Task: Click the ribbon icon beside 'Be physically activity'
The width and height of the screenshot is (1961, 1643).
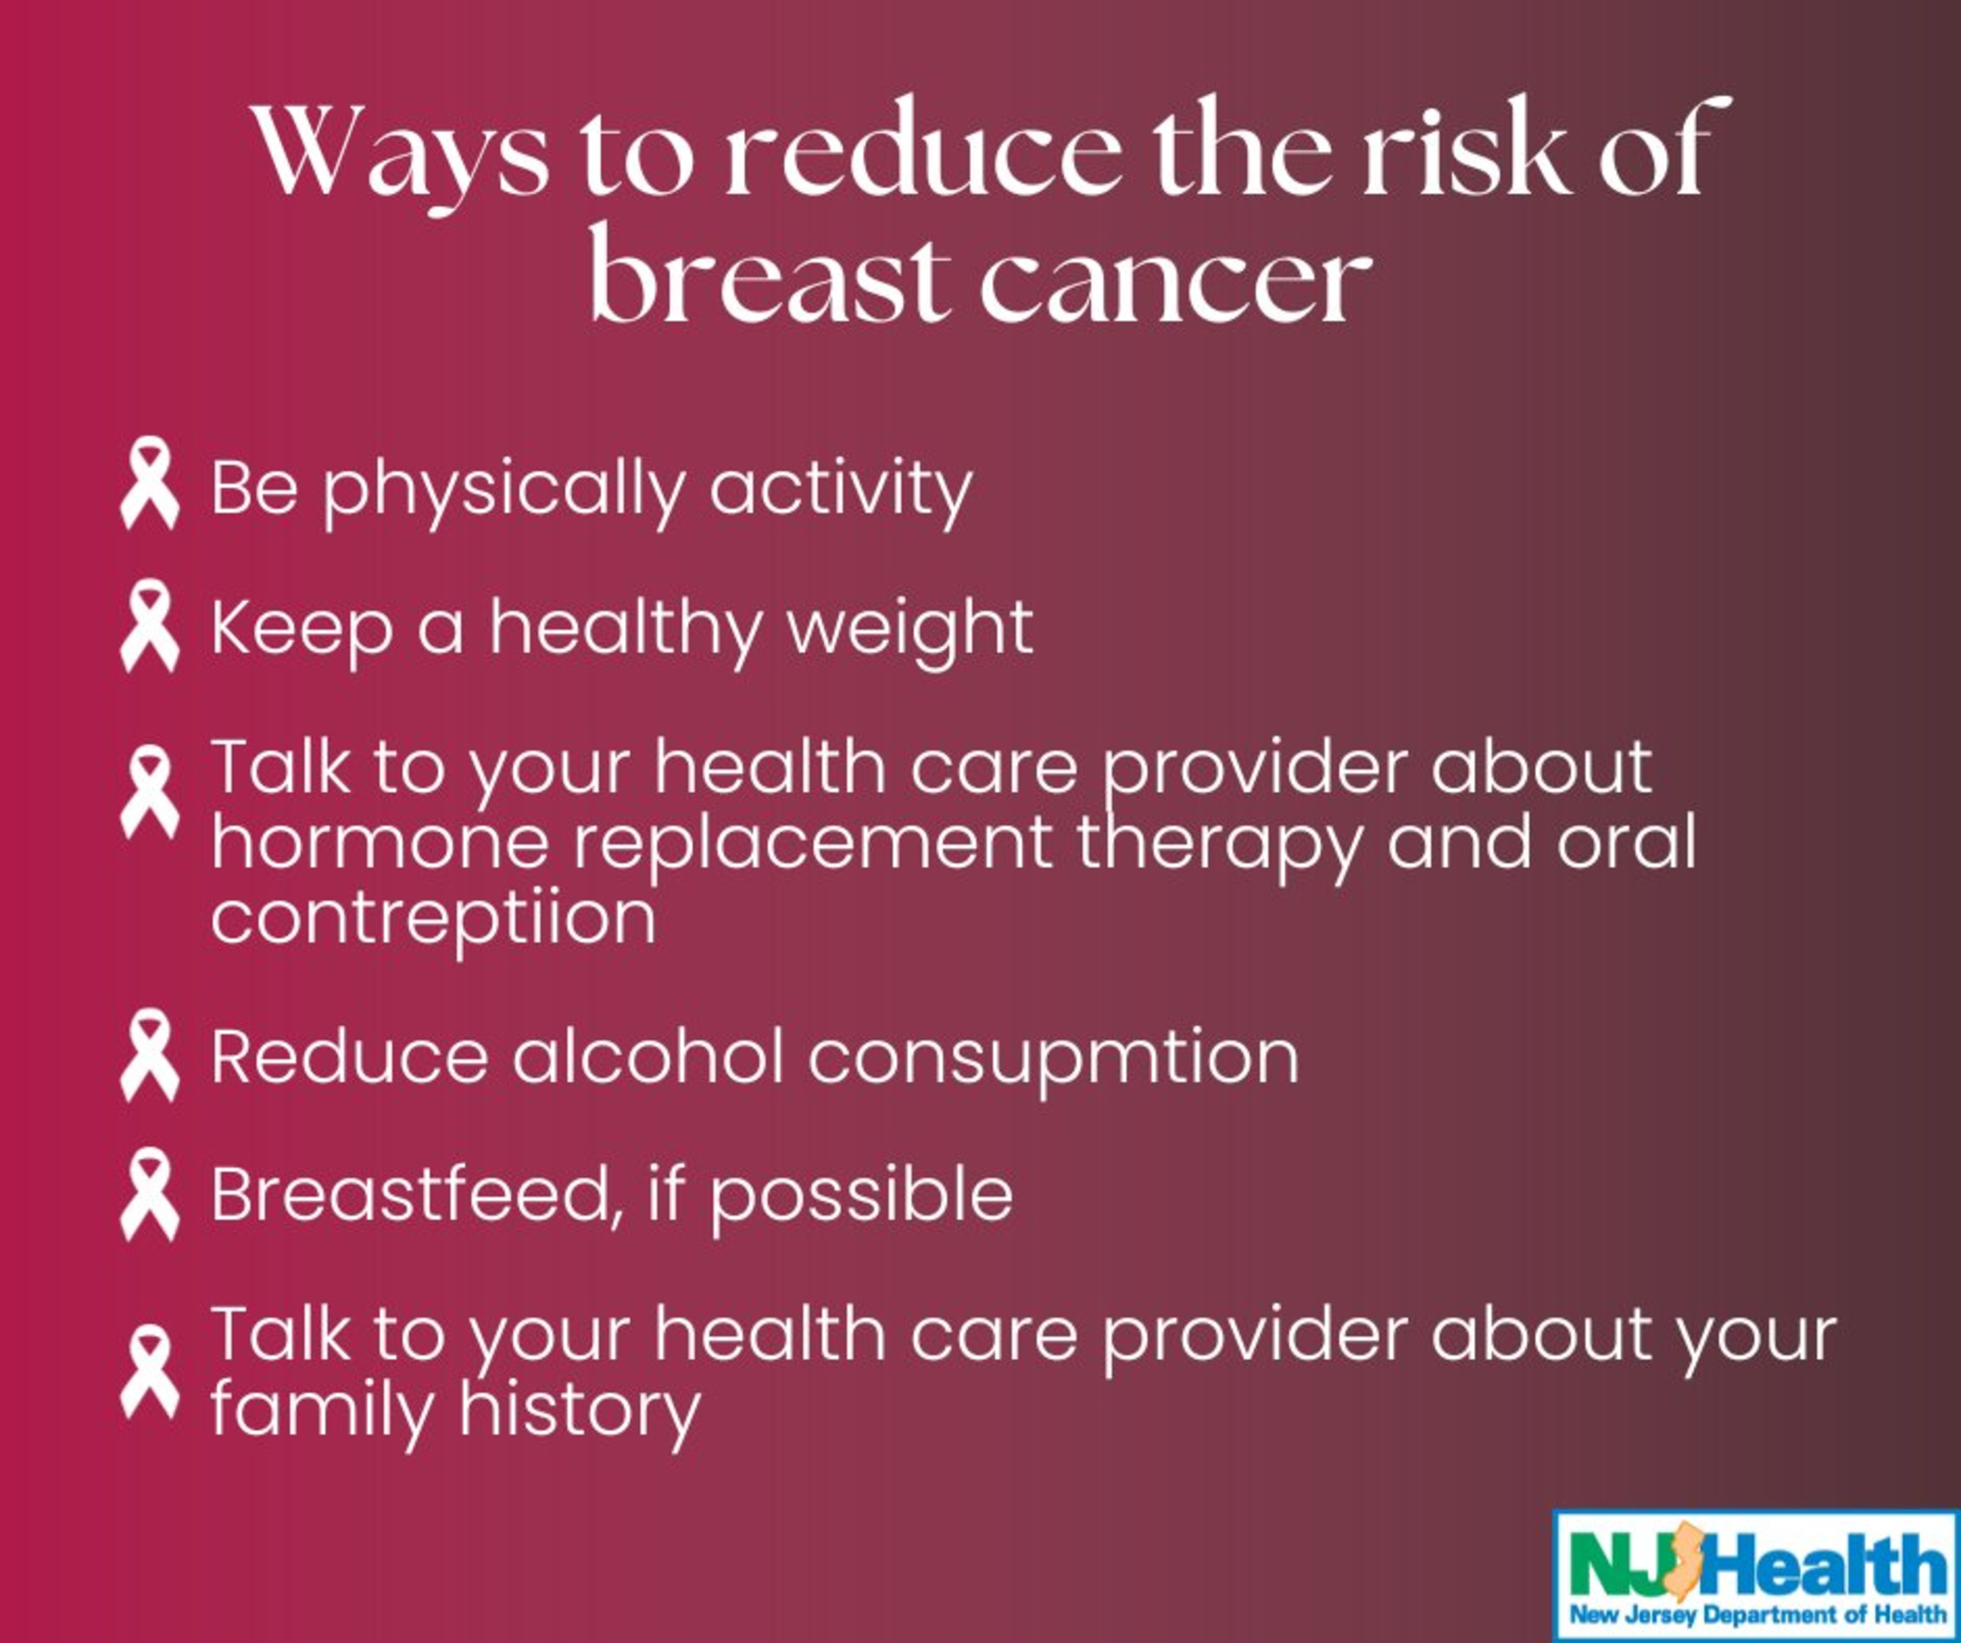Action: tap(149, 484)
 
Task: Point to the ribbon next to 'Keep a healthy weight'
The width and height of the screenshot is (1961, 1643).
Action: tap(149, 625)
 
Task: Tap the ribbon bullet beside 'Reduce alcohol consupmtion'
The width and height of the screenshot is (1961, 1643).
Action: tap(149, 1055)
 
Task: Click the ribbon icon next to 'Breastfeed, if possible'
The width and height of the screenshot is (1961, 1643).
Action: tap(149, 1194)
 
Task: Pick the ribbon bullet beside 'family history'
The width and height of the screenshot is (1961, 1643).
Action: tap(149, 1372)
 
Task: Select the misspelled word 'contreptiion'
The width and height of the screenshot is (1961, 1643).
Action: tap(433, 918)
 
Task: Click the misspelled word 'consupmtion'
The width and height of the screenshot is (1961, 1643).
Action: tap(1053, 1059)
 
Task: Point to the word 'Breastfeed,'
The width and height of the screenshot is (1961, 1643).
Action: tap(410, 1194)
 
